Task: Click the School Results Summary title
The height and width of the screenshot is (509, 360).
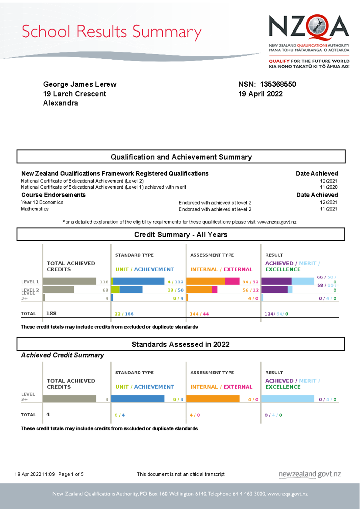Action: point(111,32)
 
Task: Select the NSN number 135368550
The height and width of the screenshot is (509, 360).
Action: point(278,84)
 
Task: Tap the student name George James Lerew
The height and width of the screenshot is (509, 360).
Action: point(80,84)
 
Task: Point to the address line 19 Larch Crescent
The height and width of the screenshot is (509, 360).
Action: point(74,94)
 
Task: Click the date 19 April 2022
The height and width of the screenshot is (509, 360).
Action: point(260,94)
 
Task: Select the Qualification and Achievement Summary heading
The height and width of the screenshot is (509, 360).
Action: point(181,157)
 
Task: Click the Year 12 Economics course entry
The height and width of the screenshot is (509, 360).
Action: point(42,202)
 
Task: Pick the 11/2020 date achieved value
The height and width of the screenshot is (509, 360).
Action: point(328,187)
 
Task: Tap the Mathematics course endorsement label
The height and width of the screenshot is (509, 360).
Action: point(34,209)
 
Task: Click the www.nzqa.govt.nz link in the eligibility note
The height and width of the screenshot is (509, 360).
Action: point(277,222)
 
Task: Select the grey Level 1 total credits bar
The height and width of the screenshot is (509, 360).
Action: point(70,281)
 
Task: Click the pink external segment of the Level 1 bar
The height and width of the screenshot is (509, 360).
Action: point(232,281)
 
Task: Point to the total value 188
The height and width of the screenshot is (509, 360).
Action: point(51,313)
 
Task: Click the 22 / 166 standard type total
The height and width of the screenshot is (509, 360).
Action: point(124,314)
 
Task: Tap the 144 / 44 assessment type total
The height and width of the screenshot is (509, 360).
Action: point(199,314)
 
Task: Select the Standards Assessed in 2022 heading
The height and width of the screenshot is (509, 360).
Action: point(180,344)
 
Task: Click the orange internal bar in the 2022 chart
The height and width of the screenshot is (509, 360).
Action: point(213,399)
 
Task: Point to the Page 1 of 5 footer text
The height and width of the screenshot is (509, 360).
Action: point(71,474)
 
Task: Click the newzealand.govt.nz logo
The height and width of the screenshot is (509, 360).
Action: point(310,474)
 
